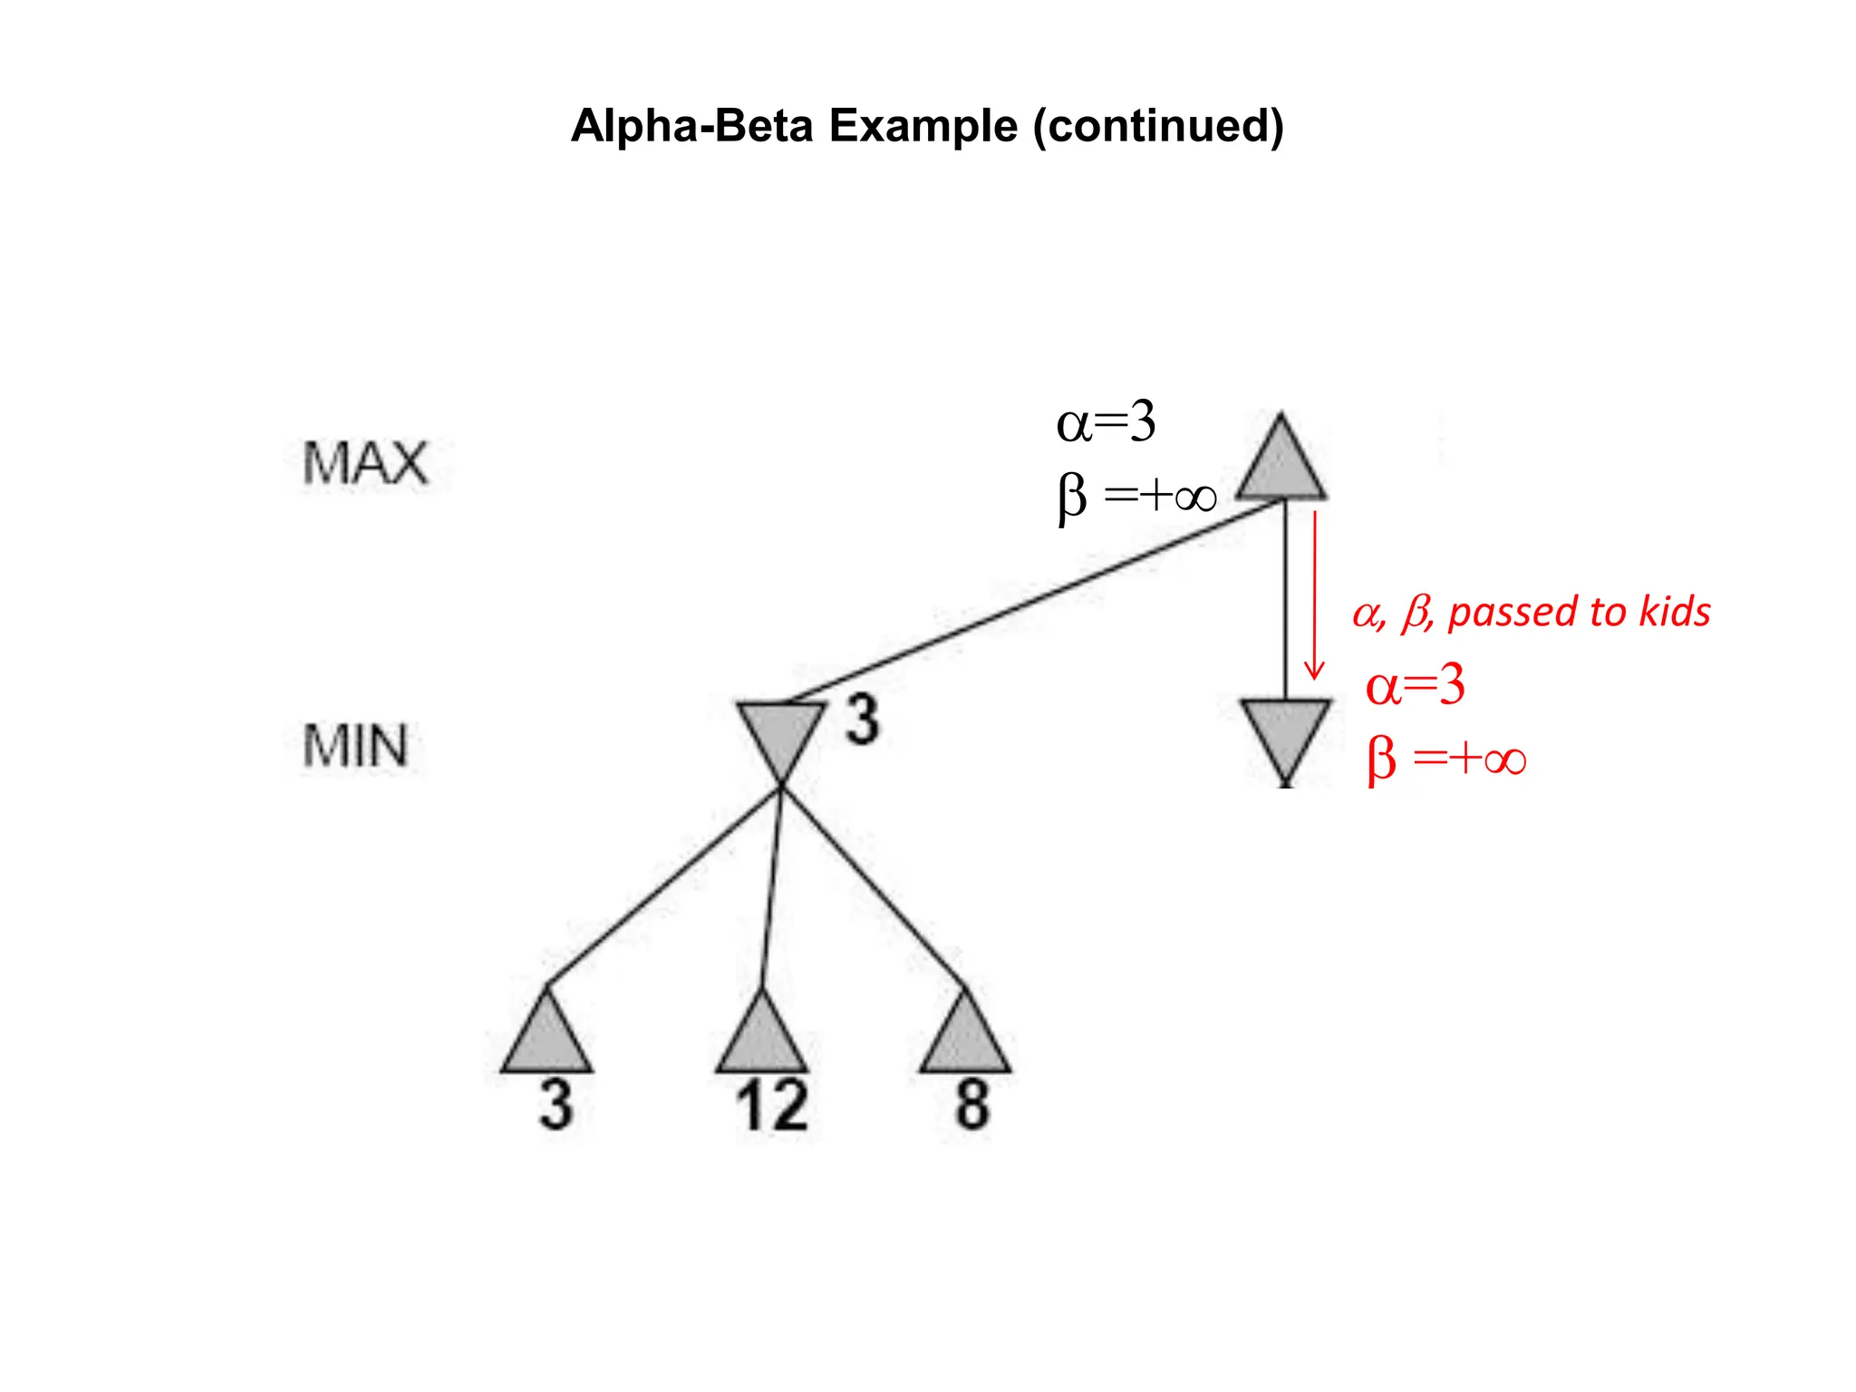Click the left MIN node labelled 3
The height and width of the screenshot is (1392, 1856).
point(780,734)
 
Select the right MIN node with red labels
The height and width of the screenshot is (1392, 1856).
point(1285,734)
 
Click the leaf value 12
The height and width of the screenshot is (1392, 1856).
point(771,1106)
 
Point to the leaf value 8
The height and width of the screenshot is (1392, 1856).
point(972,1106)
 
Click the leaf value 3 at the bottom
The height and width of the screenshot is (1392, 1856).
point(556,1106)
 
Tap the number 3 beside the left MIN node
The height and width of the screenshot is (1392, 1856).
point(863,720)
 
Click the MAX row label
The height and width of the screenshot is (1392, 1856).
point(364,464)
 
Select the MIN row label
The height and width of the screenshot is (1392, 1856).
point(355,747)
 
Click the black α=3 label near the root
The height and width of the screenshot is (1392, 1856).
point(1106,422)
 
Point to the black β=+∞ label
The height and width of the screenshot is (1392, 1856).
point(1136,497)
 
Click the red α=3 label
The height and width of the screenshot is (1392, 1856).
point(1415,685)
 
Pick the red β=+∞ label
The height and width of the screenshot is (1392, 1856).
point(1446,759)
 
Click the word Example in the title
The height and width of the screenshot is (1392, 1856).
point(923,126)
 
